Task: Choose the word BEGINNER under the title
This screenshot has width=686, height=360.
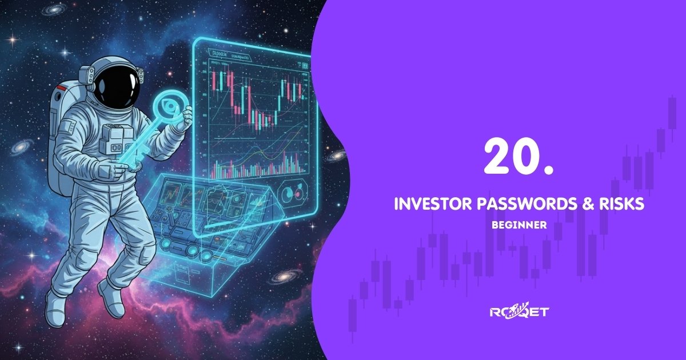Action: tap(519, 225)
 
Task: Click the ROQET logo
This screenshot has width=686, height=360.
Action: tap(519, 311)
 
